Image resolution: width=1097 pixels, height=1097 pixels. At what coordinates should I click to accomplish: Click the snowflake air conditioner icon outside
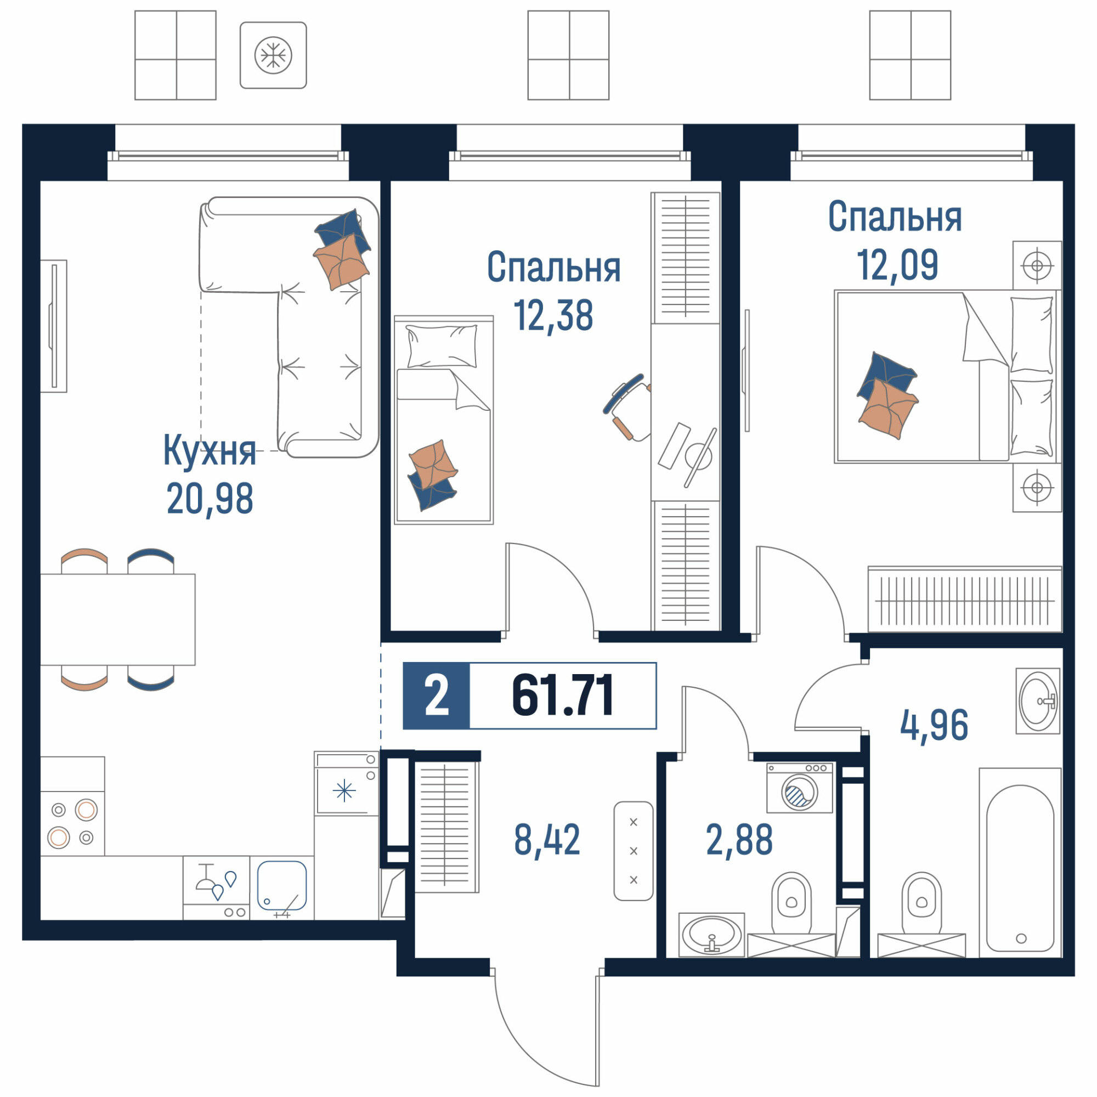click(273, 55)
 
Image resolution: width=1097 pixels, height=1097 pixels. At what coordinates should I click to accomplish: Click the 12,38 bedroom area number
click(553, 316)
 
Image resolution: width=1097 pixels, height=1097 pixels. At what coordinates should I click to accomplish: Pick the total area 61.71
click(562, 695)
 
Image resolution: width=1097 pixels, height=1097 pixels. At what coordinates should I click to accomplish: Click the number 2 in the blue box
click(437, 696)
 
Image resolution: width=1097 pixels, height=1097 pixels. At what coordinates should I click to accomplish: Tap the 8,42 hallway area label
click(547, 840)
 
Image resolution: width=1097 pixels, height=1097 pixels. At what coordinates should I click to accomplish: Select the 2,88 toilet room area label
click(739, 840)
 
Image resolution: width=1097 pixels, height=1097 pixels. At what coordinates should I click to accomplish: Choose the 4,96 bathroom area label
click(934, 726)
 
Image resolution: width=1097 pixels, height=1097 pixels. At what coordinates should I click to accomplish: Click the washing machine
click(800, 788)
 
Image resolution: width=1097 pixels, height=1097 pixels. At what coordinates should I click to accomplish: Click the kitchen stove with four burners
click(72, 823)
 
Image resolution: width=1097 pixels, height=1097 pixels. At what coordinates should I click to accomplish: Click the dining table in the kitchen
click(117, 619)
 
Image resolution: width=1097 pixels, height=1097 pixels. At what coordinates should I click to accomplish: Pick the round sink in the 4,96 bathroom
click(1038, 701)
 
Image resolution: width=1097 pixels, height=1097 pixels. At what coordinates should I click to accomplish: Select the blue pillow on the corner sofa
click(343, 229)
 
